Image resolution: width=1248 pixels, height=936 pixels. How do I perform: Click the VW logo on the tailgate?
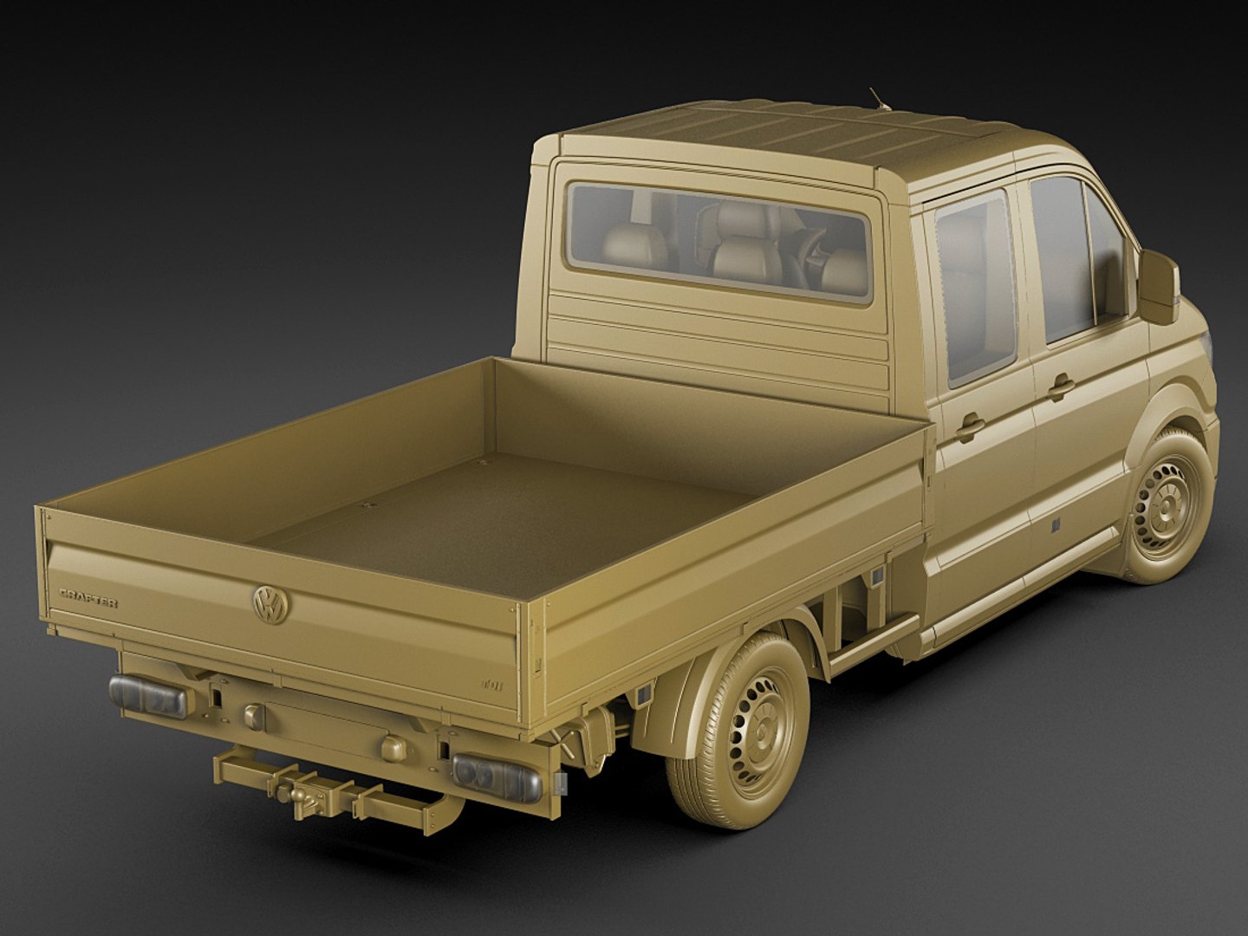coord(270,603)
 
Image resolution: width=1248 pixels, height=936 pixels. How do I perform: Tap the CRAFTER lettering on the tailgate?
coord(88,597)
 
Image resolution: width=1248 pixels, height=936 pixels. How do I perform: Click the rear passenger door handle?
coord(970,424)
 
